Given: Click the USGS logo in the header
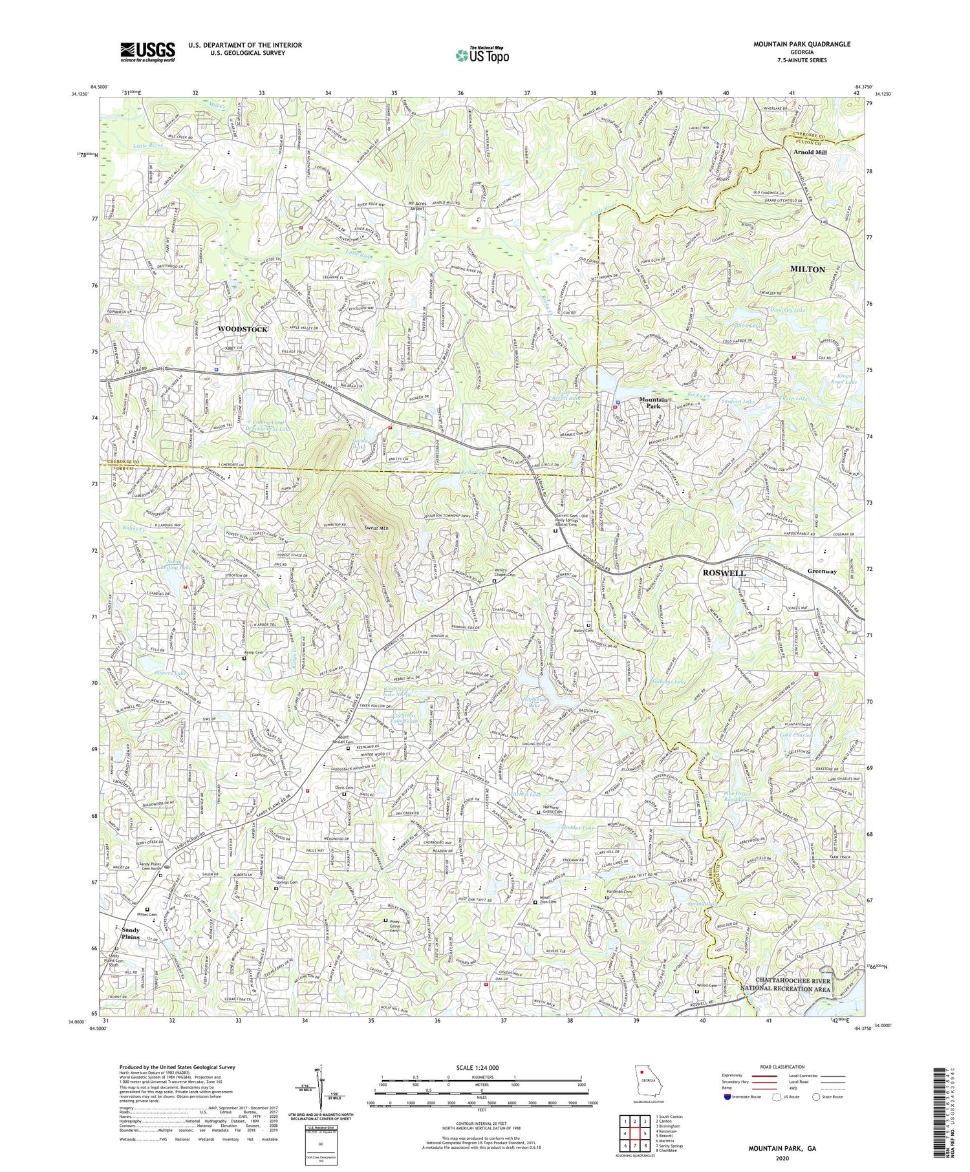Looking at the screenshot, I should pyautogui.click(x=147, y=52).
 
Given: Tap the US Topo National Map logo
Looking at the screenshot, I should pyautogui.click(x=482, y=55).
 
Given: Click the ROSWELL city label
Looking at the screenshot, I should pyautogui.click(x=724, y=573).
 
